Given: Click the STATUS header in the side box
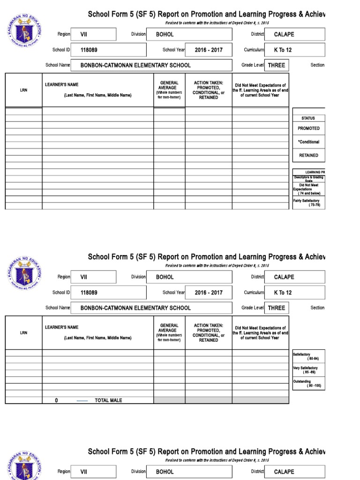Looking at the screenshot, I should point(308,118).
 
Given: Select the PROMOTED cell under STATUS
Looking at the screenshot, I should point(308,128).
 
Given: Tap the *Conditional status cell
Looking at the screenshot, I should point(308,142).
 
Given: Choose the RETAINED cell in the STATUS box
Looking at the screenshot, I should point(308,155).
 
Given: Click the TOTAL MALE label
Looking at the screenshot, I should point(108,400).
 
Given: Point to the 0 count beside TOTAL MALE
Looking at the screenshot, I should point(56,400).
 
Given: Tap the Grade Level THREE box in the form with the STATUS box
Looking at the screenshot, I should point(276,65).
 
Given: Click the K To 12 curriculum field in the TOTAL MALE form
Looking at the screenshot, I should point(294,292).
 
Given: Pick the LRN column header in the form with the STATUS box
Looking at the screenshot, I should point(23,90).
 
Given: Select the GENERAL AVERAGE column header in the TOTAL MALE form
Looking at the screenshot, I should point(169,332).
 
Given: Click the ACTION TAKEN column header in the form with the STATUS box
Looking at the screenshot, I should point(208,90).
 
